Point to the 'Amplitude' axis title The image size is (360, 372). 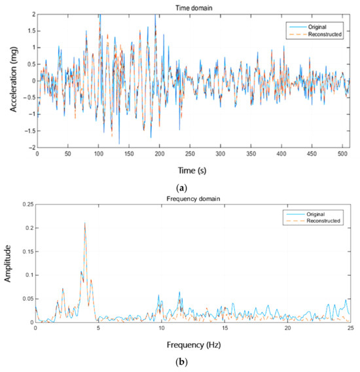pos(9,271)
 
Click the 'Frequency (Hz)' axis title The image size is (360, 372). pos(192,344)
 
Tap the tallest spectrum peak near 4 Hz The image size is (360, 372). pos(84,223)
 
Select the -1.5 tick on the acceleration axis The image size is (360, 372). pos(27,130)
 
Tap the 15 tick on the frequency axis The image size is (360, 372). pos(225,328)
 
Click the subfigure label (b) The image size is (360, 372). pos(192,361)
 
